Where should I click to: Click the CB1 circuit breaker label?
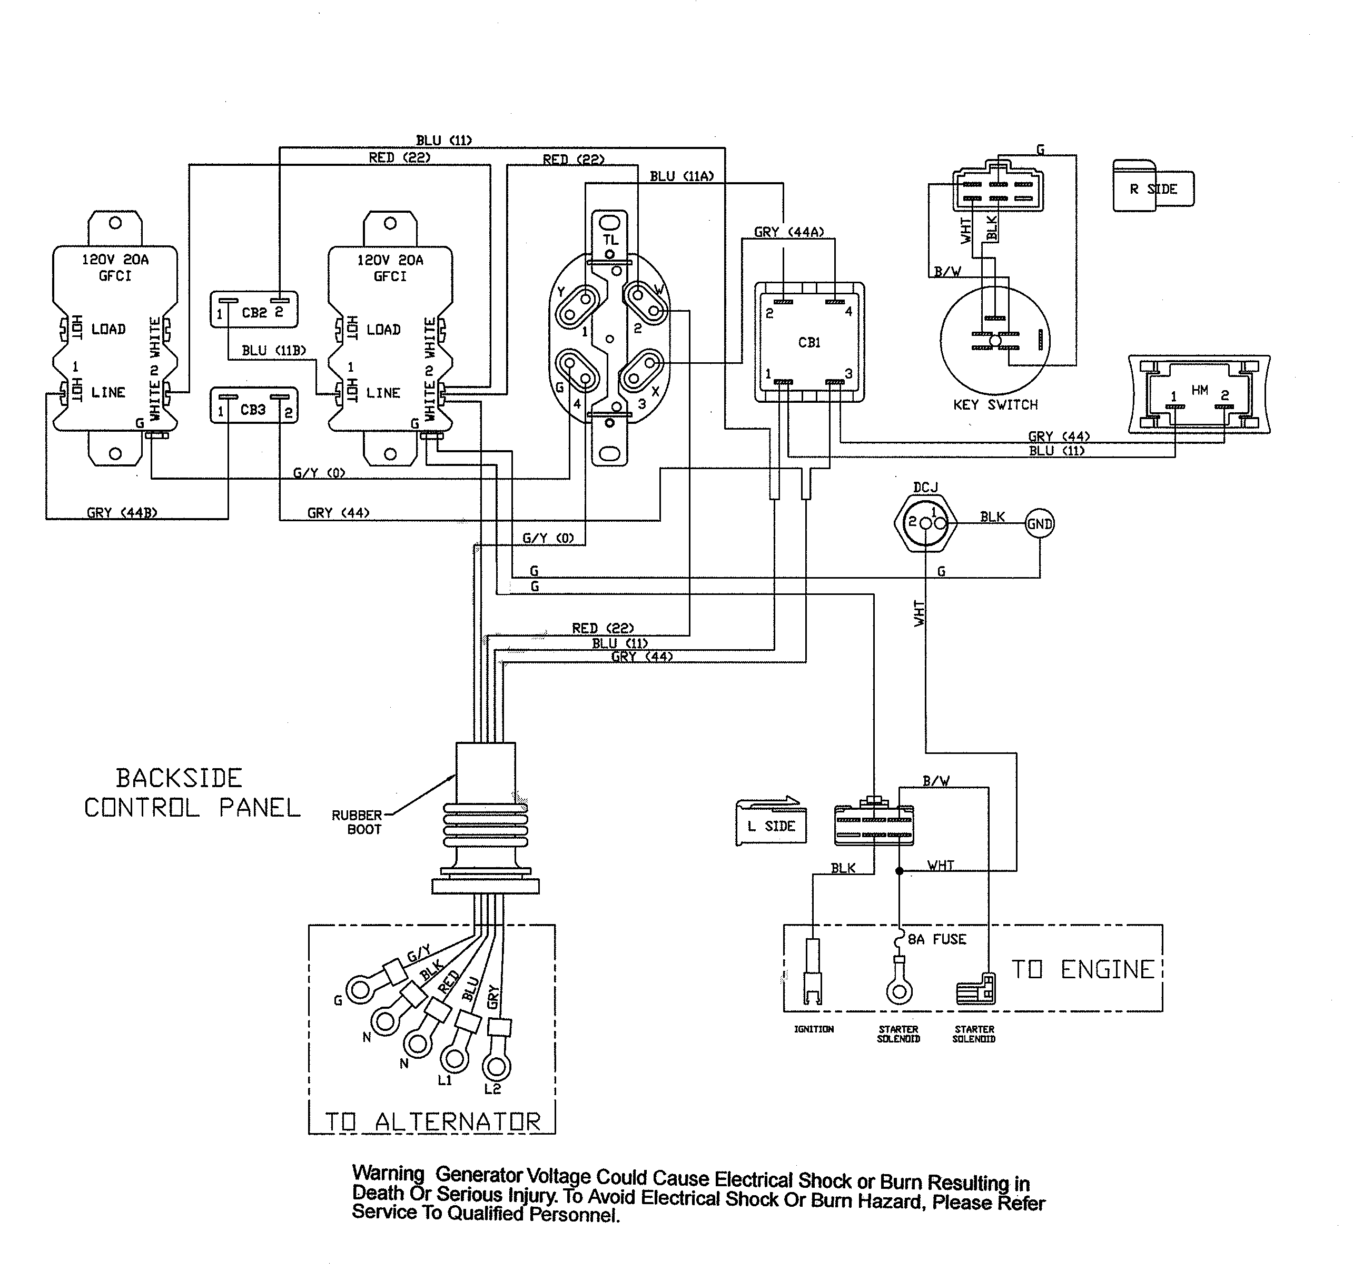point(809,342)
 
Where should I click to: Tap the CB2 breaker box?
point(254,310)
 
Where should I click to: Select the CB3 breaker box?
point(254,405)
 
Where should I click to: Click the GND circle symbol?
point(1039,524)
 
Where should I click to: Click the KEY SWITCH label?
point(995,405)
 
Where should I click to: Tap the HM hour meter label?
point(1199,390)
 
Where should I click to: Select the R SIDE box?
point(1153,188)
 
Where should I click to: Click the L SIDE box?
point(771,826)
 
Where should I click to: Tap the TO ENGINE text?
point(1082,970)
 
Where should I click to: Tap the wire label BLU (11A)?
point(682,176)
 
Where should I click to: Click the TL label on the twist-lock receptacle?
point(610,240)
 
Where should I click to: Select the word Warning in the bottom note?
point(388,1173)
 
